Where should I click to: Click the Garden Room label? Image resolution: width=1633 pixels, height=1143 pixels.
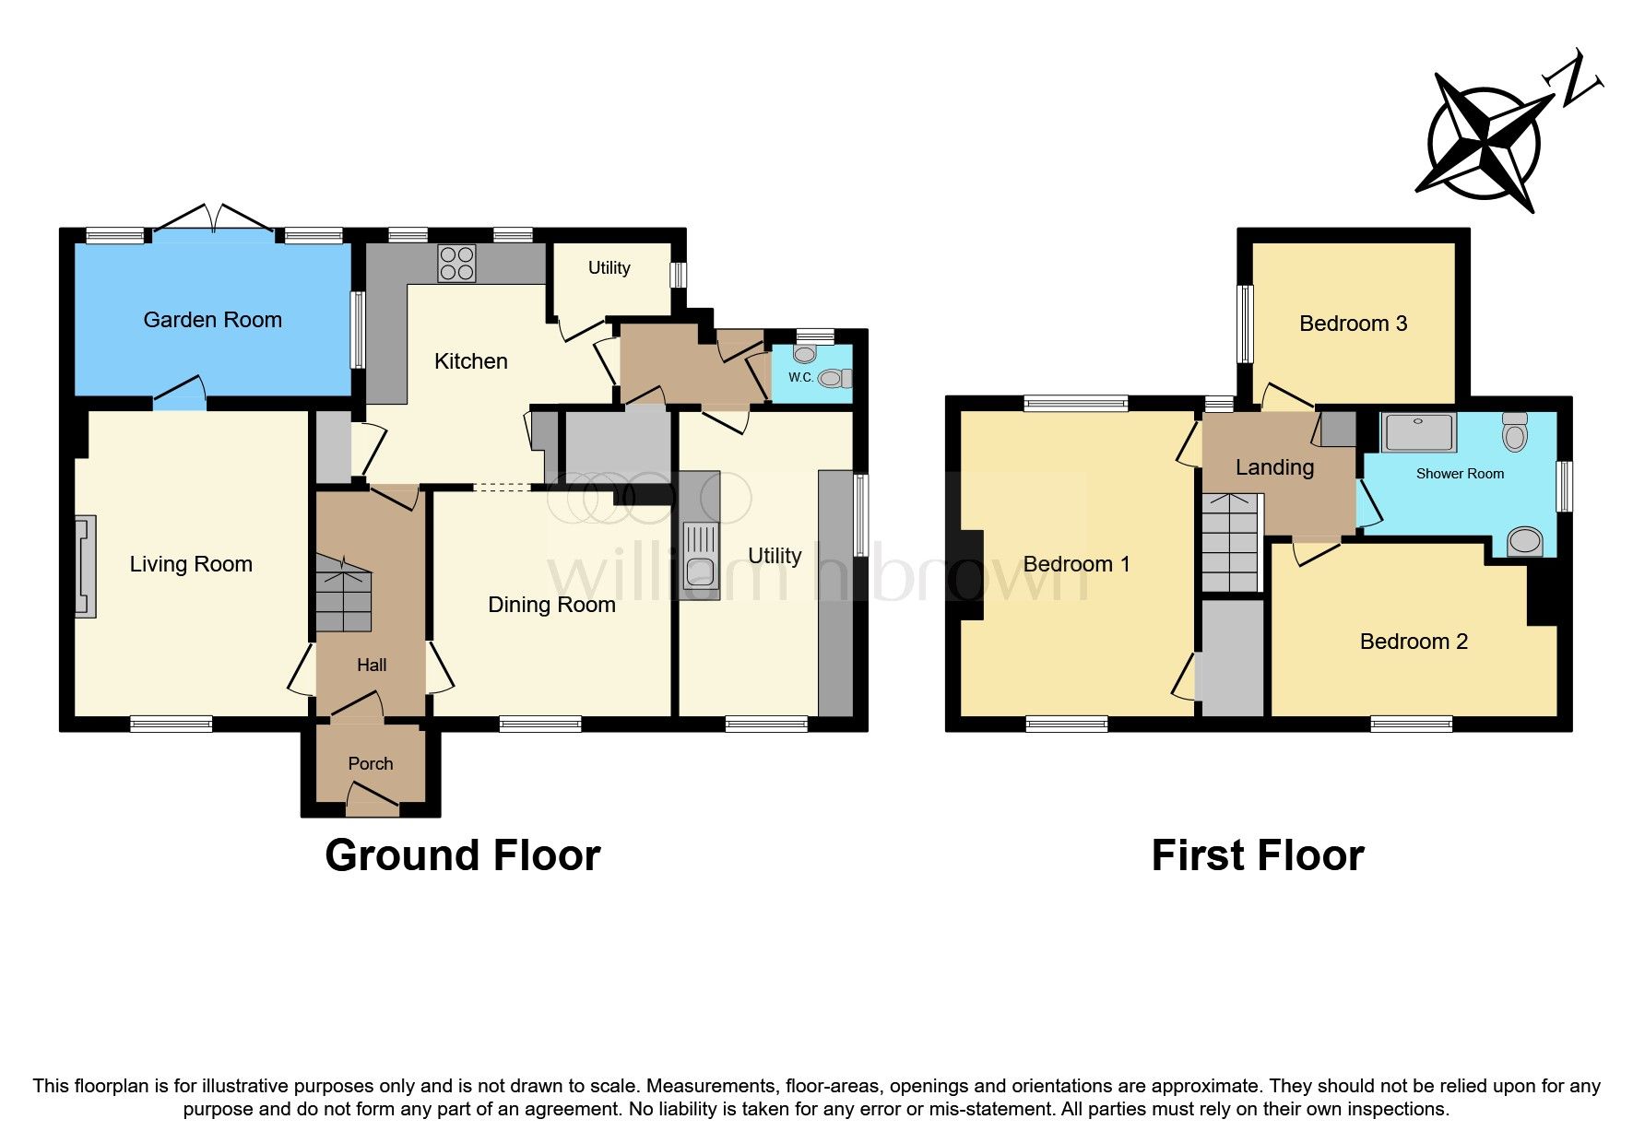pyautogui.click(x=212, y=320)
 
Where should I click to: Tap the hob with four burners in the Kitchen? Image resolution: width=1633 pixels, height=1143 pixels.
pyautogui.click(x=456, y=262)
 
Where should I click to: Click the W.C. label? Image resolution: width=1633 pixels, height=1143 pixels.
pyautogui.click(x=800, y=378)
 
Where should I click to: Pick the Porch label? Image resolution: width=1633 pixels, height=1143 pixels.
pyautogui.click(x=370, y=763)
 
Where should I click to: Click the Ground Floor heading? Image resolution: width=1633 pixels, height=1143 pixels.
pyautogui.click(x=462, y=855)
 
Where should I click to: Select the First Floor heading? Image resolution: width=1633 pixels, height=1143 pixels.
pyautogui.click(x=1257, y=855)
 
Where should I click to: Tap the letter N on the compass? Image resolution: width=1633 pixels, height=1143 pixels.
pyautogui.click(x=1579, y=81)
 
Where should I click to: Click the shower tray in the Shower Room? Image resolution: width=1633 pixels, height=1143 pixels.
pyautogui.click(x=1419, y=432)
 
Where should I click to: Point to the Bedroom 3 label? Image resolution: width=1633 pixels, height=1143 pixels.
pyautogui.click(x=1353, y=324)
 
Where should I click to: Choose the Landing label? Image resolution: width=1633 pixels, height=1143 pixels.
pyautogui.click(x=1274, y=467)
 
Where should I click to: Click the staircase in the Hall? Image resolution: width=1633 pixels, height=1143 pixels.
pyautogui.click(x=343, y=593)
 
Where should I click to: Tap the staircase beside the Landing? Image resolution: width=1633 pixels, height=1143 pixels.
pyautogui.click(x=1231, y=543)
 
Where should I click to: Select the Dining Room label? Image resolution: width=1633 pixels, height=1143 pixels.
pyautogui.click(x=551, y=605)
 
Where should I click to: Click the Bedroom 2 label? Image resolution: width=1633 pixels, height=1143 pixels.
pyautogui.click(x=1414, y=642)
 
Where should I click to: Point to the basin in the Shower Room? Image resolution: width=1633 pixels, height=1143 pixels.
pyautogui.click(x=1524, y=542)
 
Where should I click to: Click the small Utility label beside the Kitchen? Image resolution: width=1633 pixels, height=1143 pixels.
pyautogui.click(x=609, y=268)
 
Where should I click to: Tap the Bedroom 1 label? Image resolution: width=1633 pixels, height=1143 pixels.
pyautogui.click(x=1076, y=564)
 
